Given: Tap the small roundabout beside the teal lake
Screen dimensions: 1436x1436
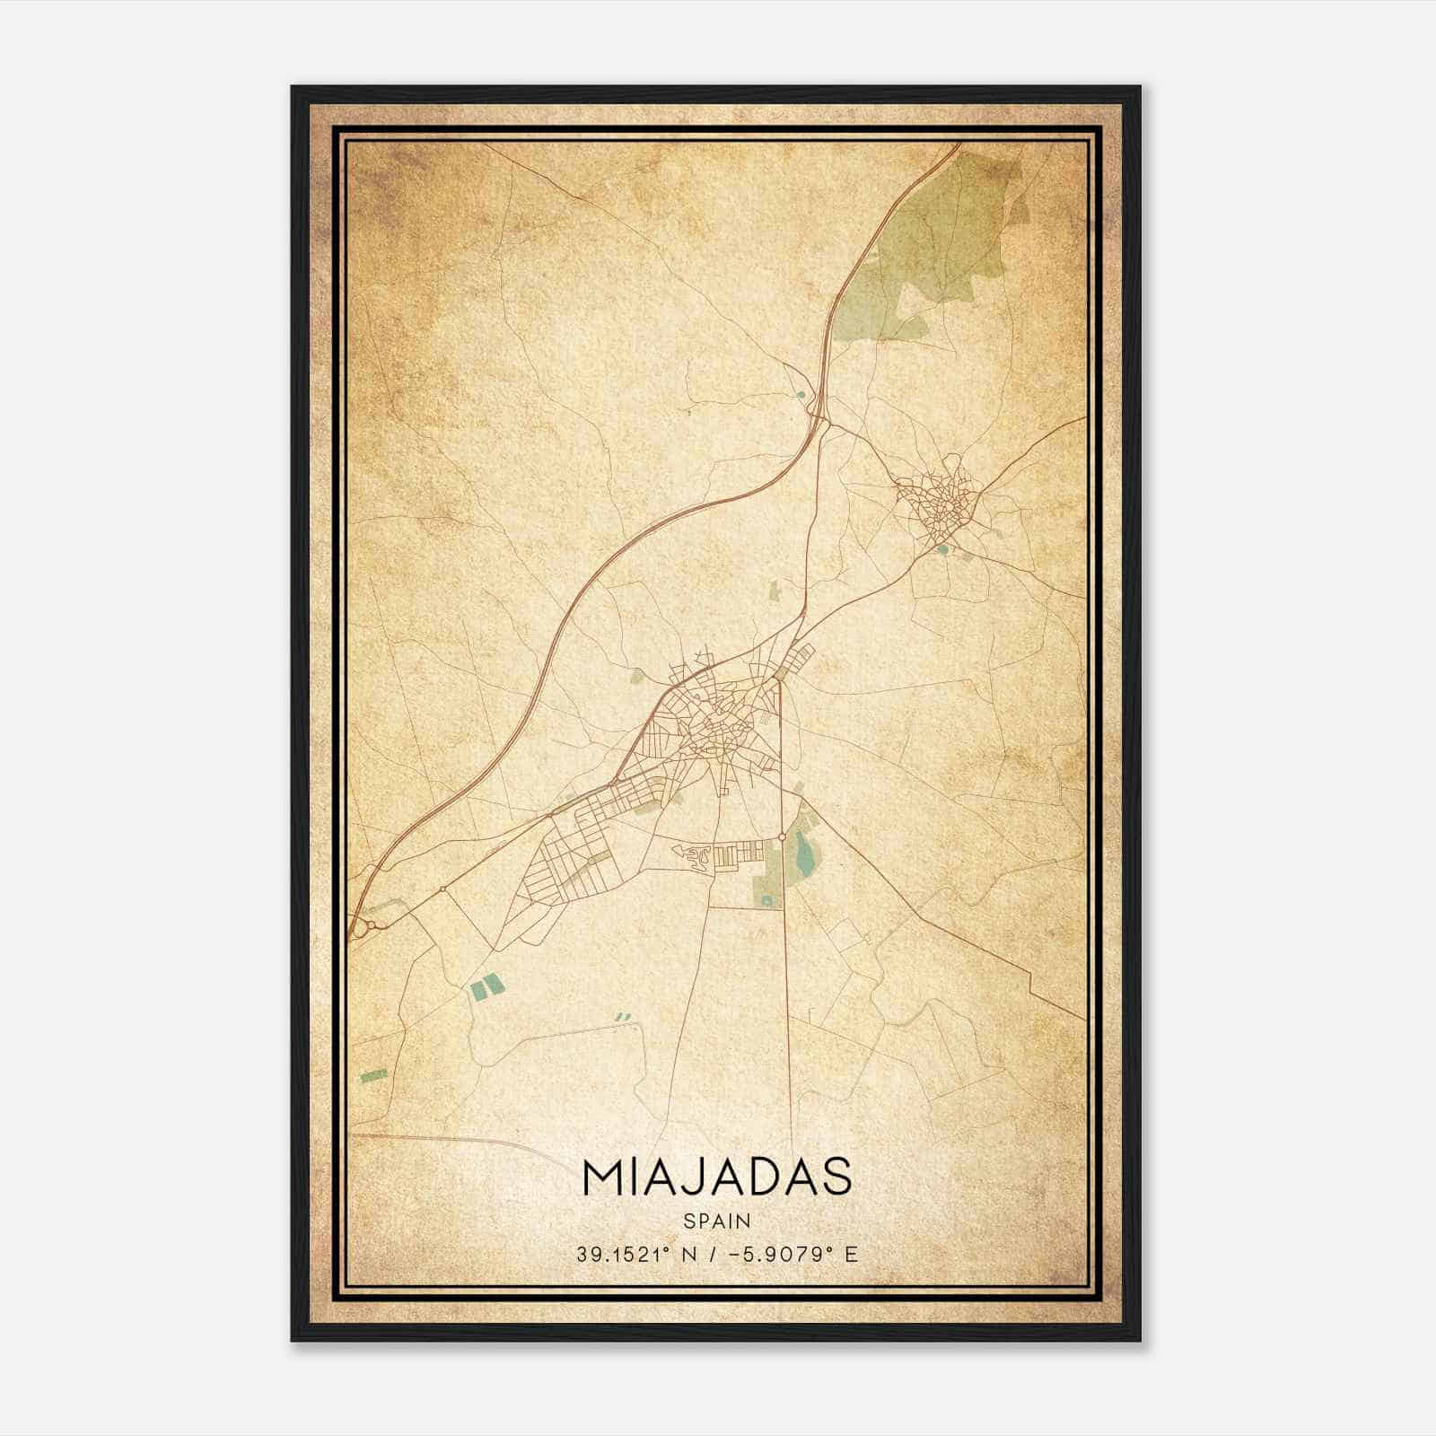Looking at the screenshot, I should click(783, 836).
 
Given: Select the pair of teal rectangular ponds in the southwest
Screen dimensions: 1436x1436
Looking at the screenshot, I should click(486, 988).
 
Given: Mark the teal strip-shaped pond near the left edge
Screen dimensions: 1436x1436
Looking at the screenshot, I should click(373, 1075).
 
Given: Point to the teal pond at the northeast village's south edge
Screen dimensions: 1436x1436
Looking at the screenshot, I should click(941, 548).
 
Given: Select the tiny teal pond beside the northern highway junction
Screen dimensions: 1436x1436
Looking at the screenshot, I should click(800, 393).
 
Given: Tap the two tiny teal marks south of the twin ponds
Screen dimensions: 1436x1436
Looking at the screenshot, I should click(623, 1017).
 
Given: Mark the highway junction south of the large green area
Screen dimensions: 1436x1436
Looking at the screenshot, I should click(817, 408).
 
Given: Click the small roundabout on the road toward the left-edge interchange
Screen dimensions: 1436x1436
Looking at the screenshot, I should click(443, 889).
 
